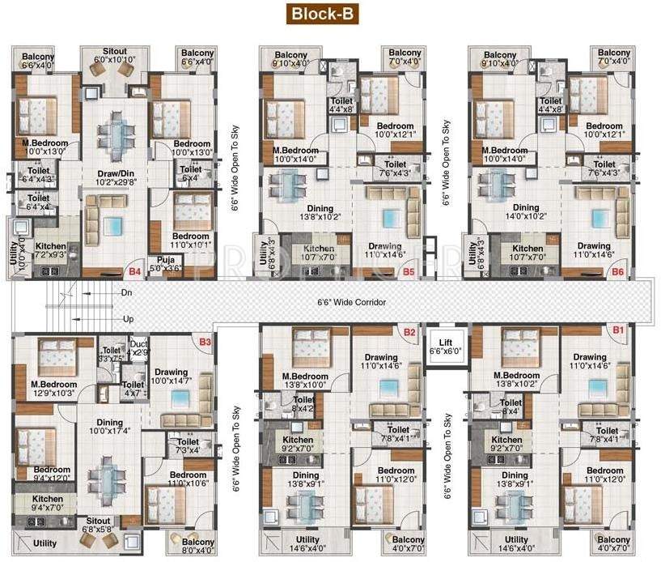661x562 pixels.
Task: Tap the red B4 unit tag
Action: (134, 272)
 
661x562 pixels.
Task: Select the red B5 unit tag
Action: (408, 272)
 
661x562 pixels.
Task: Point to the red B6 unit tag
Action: (617, 272)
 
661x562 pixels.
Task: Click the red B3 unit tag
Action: (205, 343)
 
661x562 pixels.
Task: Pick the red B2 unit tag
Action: (409, 332)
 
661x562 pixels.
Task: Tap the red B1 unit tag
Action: (619, 330)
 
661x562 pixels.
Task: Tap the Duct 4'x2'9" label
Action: (140, 348)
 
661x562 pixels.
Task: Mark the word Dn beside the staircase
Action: (126, 292)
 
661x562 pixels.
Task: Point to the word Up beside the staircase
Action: (126, 319)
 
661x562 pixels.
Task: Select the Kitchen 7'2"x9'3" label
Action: (49, 249)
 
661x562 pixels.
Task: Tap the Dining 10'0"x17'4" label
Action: (110, 428)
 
